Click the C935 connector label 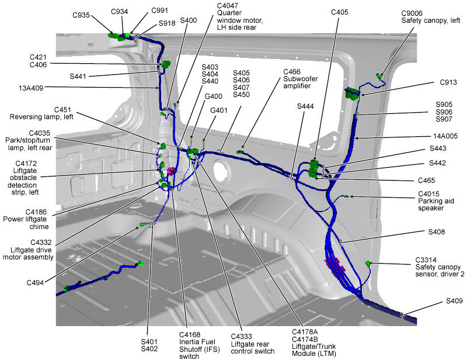(x=82, y=16)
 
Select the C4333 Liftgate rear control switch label (x=252, y=344)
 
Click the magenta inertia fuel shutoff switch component (x=172, y=171)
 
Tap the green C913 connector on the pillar (x=351, y=92)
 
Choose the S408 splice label (x=437, y=232)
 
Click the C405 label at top (x=339, y=11)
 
